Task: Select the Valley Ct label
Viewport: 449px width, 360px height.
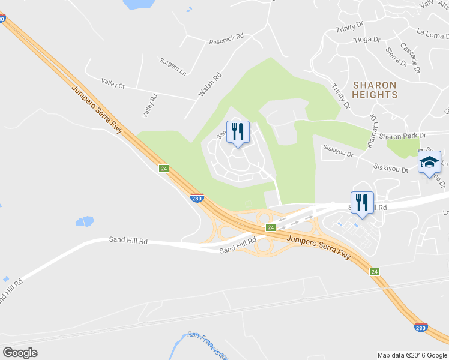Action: [113, 85]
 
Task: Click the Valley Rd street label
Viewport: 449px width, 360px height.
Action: [149, 105]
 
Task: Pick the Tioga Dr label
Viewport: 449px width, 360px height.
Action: [367, 40]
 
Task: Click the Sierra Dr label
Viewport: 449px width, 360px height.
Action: [397, 56]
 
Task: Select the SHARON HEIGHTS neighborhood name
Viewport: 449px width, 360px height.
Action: [375, 90]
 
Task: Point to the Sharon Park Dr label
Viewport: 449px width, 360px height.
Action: [406, 136]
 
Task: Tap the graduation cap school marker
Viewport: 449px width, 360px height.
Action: [429, 163]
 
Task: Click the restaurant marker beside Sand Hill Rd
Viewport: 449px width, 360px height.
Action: [362, 202]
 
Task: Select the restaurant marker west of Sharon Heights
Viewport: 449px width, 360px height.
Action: [238, 131]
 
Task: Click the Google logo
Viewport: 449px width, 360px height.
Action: [20, 353]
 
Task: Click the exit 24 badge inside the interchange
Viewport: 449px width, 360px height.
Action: [271, 227]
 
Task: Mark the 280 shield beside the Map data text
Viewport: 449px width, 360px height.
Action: [421, 328]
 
